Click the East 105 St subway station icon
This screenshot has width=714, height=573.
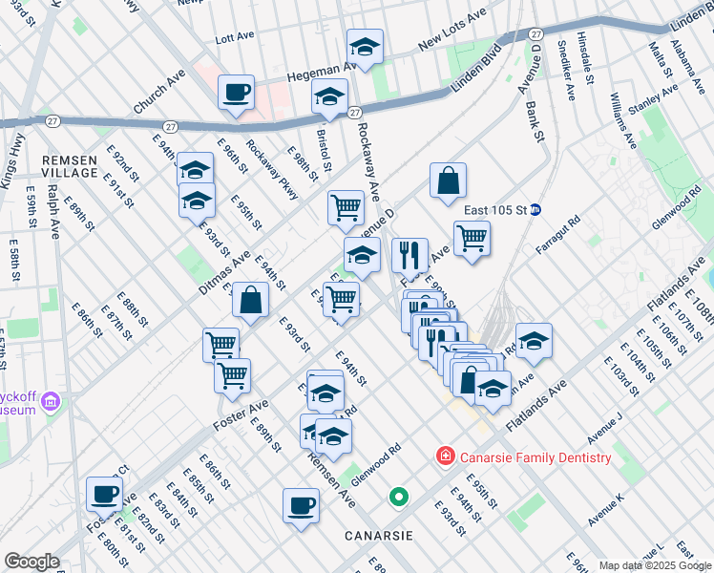coord(535,210)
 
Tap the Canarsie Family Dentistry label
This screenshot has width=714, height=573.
coord(535,457)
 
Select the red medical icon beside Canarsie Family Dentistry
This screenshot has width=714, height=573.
coord(445,457)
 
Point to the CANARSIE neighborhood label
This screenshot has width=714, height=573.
coord(379,536)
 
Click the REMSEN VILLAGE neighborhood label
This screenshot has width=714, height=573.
coord(69,166)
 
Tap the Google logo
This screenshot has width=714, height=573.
coord(31,562)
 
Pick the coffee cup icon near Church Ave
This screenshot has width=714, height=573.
coord(236,93)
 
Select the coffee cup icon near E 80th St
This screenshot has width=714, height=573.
coord(104,494)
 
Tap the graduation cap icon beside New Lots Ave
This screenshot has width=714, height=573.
coord(364,46)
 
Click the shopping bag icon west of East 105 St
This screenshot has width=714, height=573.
coord(448,180)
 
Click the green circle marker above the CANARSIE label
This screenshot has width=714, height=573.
coord(399,498)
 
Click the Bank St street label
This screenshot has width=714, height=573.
coord(534,124)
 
